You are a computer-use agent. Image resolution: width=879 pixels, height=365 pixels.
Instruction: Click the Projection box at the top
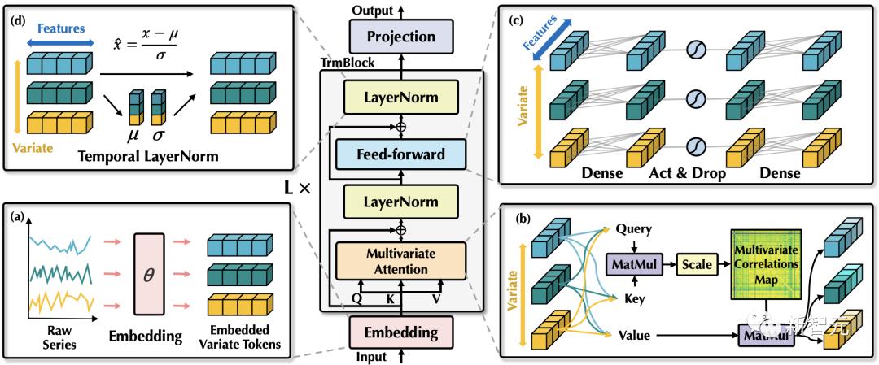401,37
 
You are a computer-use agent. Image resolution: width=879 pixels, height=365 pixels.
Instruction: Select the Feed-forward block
401,154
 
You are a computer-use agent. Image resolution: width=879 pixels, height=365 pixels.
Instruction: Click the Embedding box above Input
401,332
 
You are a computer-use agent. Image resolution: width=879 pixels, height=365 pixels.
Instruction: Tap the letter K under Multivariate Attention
391,298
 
